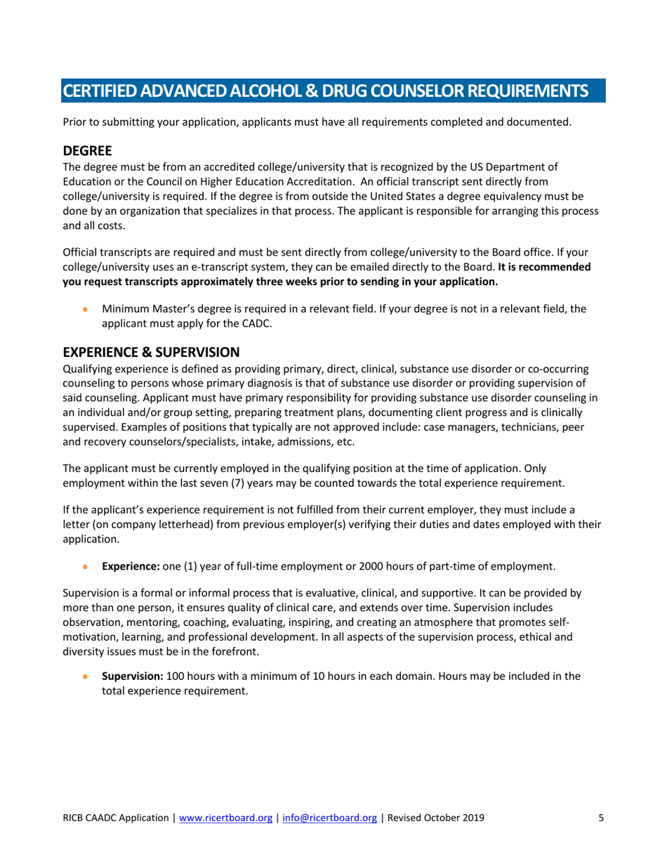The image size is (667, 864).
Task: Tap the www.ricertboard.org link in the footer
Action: pos(225,818)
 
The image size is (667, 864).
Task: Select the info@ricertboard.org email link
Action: pos(329,818)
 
